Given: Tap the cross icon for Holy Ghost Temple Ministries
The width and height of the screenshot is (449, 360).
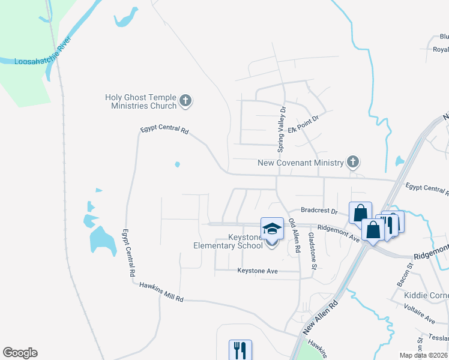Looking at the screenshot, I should tap(185, 101).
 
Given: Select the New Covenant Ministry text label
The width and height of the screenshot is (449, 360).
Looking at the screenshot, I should tap(300, 163).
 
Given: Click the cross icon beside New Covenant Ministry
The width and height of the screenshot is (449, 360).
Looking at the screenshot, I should tap(353, 161).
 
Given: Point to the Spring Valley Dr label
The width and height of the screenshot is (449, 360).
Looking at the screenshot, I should tap(280, 129).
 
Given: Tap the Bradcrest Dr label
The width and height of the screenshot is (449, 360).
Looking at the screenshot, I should tap(319, 211).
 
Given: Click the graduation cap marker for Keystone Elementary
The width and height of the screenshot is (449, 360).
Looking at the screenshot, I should tap(272, 229).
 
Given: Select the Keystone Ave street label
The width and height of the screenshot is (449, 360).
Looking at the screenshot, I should tap(258, 271).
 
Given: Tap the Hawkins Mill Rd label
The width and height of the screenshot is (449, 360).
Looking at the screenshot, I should tap(161, 292).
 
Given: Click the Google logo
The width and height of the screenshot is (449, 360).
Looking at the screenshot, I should tap(20, 353).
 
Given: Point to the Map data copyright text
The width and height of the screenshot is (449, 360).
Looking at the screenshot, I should tap(424, 355).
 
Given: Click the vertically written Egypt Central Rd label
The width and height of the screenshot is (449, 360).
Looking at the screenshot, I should tap(128, 252).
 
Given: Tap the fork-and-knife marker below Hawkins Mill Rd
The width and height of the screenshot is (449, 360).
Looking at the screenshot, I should tap(240, 350).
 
